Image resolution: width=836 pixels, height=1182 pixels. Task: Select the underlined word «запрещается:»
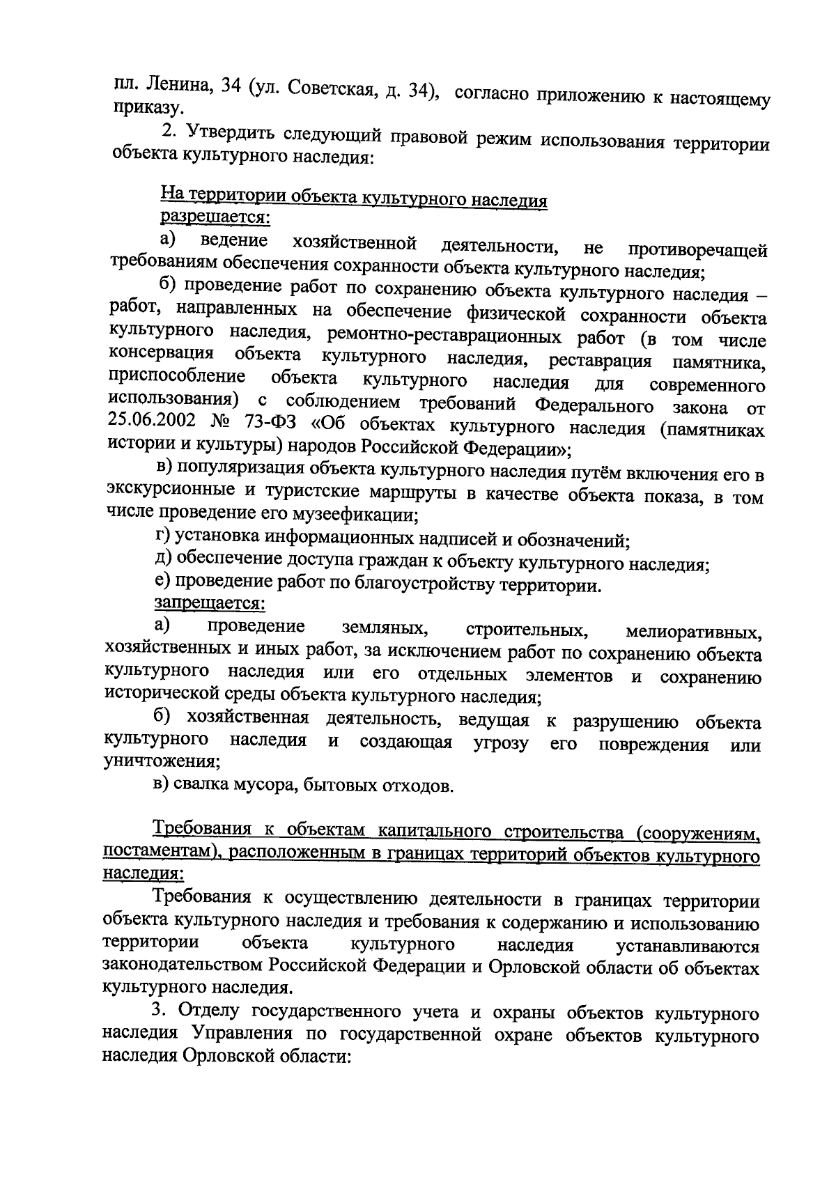coord(209,602)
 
